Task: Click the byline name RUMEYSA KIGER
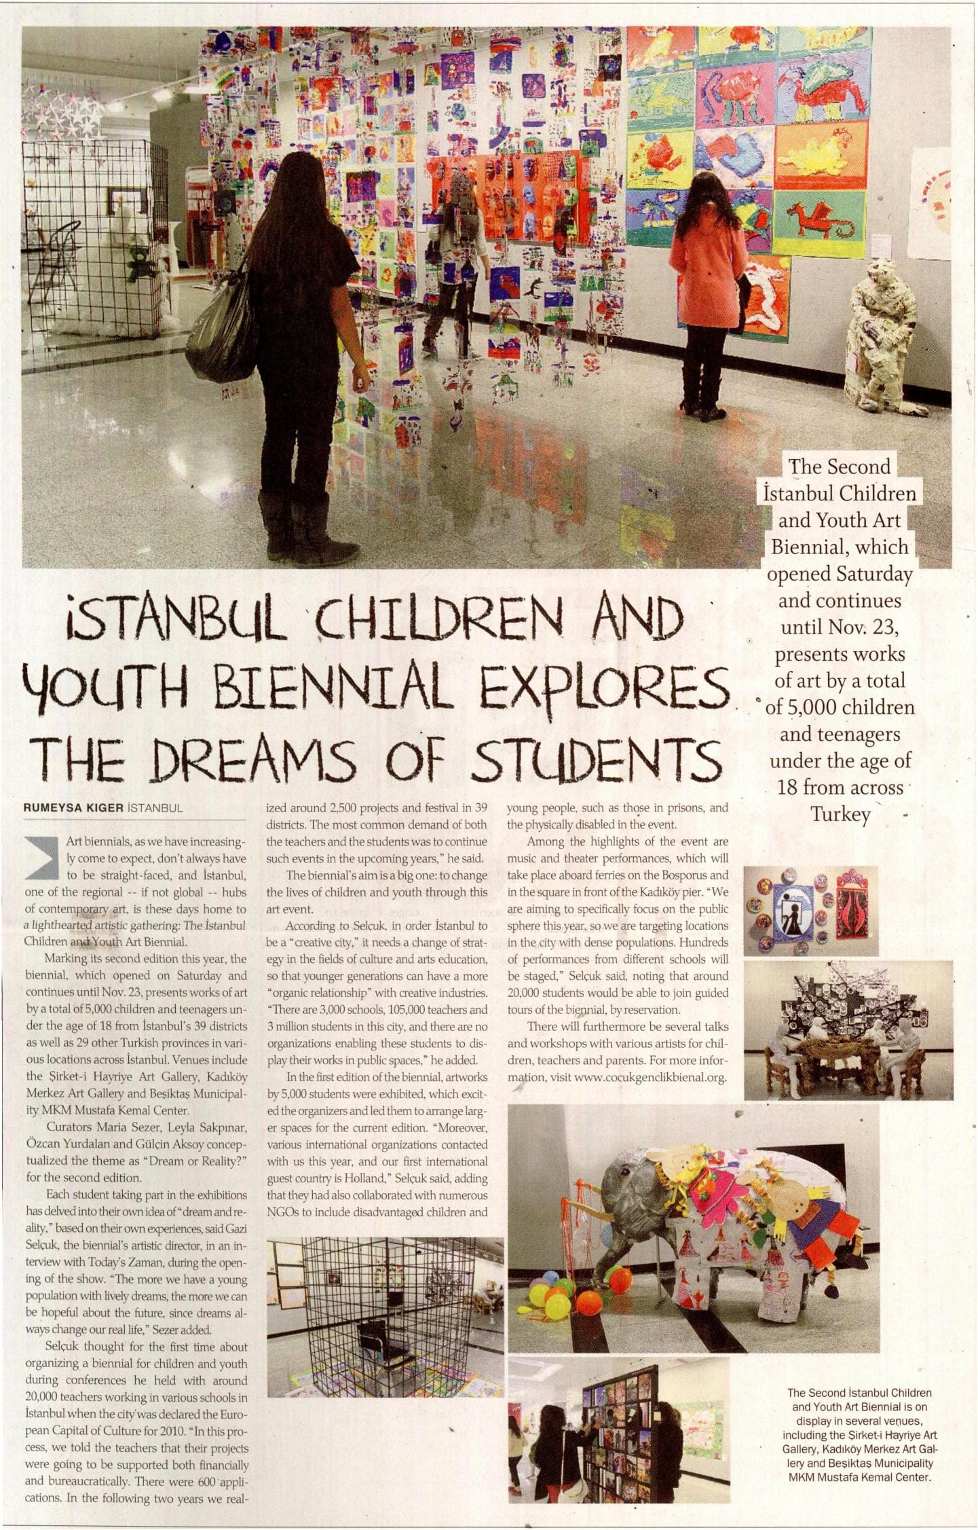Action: click(x=73, y=808)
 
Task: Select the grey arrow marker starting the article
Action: click(x=42, y=858)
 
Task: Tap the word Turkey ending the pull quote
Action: click(x=840, y=814)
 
